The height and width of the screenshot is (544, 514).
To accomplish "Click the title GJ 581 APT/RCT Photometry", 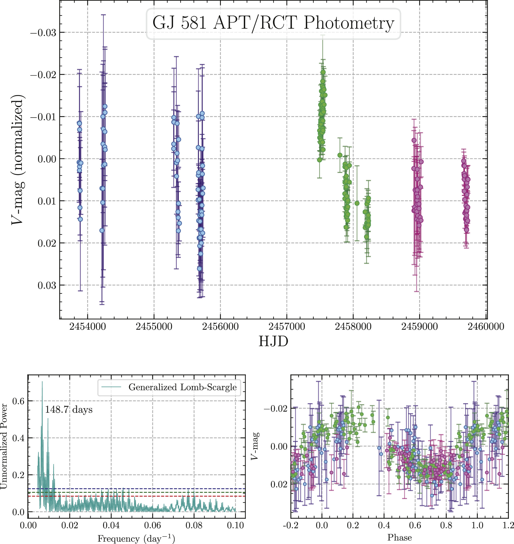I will click(273, 23).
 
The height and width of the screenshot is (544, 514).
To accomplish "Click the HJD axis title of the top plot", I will click(273, 341).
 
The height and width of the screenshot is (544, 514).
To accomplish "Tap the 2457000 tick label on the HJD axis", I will click(287, 327).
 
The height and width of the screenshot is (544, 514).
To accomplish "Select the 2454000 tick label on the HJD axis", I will click(87, 327).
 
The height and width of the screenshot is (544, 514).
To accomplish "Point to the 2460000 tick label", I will click(486, 327).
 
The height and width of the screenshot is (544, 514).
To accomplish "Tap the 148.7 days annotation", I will click(69, 410).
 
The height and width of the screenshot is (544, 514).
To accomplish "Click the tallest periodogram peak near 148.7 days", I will click(42, 382).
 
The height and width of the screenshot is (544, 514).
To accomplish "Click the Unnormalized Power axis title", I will click(4, 447).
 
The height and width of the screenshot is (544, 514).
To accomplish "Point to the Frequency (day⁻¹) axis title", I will click(136, 539).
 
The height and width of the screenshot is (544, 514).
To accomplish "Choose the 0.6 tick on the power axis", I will click(18, 401).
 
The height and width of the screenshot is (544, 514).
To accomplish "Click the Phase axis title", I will click(399, 537).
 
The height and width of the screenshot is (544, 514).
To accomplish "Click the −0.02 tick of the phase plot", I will click(275, 409).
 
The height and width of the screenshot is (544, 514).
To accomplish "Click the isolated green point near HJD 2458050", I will click(357, 203).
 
